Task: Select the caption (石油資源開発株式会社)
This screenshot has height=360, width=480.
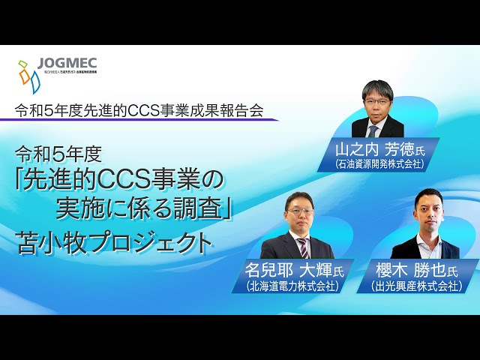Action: [381, 163]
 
